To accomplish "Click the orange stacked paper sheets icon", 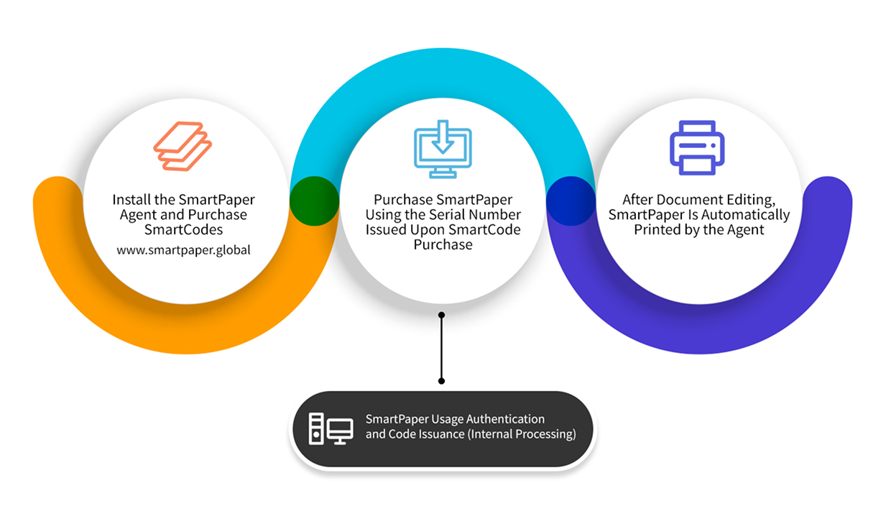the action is pos(183,147).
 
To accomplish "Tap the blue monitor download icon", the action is pos(443,149).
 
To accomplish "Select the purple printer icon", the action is pos(697,147).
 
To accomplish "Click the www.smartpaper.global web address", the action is pos(183,250).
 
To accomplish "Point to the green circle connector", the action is pos(315,201).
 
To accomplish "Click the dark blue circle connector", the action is pos(571,201).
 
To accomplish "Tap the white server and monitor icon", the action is pos(331,429).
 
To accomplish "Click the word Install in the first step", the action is pos(131,200).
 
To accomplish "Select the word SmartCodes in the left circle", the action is pos(183,230).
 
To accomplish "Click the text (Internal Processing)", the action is pos(522,434).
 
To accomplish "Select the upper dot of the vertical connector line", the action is pos(442,315).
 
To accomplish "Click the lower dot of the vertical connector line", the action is pos(442,381).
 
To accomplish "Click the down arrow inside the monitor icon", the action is pos(443,137).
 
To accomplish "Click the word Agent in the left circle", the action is pos(138,215).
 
